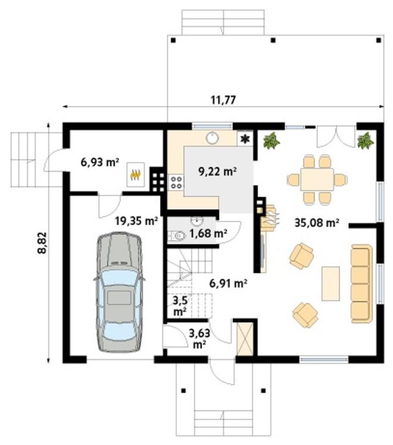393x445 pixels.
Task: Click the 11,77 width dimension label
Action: click(223, 100)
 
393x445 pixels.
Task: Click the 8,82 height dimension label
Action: click(42, 242)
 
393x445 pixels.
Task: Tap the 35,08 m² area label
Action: click(317, 223)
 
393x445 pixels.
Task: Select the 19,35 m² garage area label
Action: click(136, 221)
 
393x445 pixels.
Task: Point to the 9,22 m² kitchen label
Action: click(218, 172)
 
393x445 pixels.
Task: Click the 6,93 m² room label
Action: click(99, 163)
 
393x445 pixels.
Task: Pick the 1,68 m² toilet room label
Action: click(208, 234)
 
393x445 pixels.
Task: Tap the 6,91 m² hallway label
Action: click(228, 283)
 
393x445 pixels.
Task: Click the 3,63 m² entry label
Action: click(199, 338)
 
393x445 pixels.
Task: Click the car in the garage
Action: click(119, 292)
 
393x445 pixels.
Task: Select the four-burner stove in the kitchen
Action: click(176, 182)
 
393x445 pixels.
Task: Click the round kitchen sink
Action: click(211, 138)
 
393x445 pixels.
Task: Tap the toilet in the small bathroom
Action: click(177, 235)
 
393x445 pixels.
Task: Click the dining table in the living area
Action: click(317, 179)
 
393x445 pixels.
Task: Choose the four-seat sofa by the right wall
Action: click(361, 284)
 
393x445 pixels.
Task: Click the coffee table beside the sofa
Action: click(330, 284)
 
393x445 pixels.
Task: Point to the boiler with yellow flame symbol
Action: click(136, 175)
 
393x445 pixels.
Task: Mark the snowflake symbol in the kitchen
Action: click(245, 138)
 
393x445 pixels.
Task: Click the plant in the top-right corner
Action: click(365, 141)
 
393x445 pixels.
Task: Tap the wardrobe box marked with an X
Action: click(245, 338)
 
